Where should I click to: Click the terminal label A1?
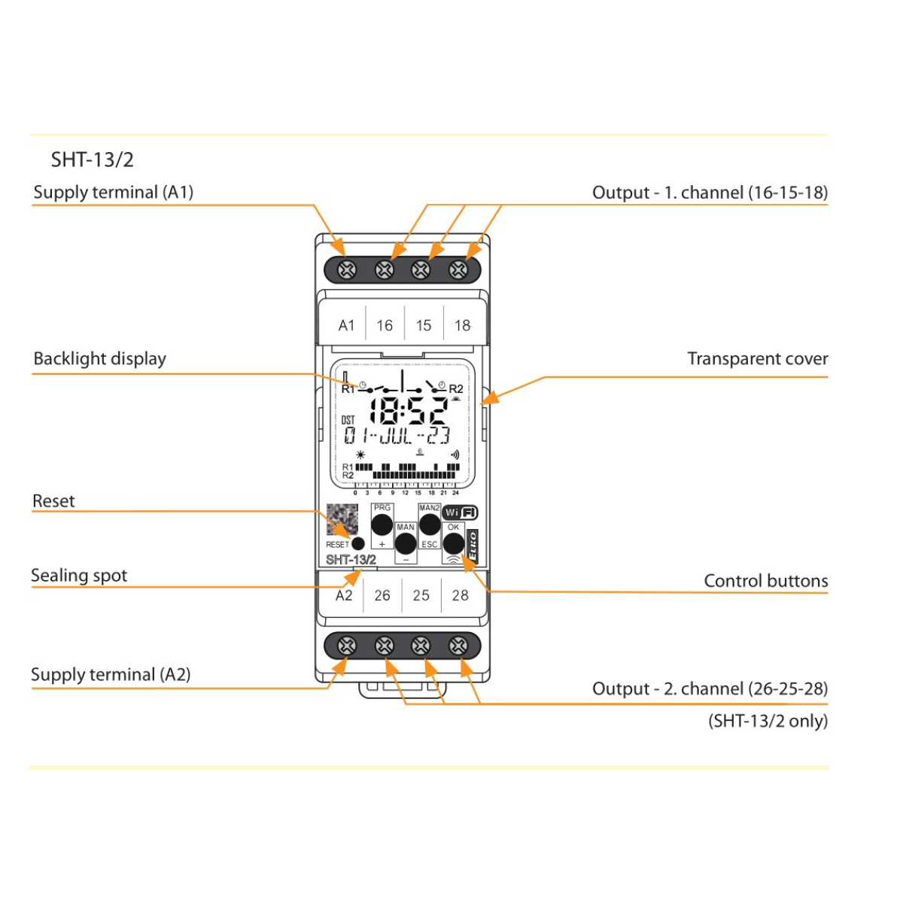click(346, 325)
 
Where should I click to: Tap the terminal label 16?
click(385, 325)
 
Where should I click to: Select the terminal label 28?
click(461, 595)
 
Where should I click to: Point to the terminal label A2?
click(344, 595)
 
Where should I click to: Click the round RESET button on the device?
click(358, 544)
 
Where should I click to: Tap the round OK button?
click(454, 542)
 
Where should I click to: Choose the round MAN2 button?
click(430, 524)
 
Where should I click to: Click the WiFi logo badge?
click(460, 512)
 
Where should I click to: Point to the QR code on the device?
click(342, 519)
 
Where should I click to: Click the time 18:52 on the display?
click(409, 411)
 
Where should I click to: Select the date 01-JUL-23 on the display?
click(397, 436)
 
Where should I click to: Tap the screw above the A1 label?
click(346, 269)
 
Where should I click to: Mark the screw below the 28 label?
click(458, 646)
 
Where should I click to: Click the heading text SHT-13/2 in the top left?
click(92, 160)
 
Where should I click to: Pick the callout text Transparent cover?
click(757, 359)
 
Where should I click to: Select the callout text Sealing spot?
click(79, 576)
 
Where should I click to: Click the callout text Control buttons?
click(765, 581)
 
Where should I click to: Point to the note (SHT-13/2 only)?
click(768, 721)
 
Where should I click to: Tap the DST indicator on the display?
click(348, 420)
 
